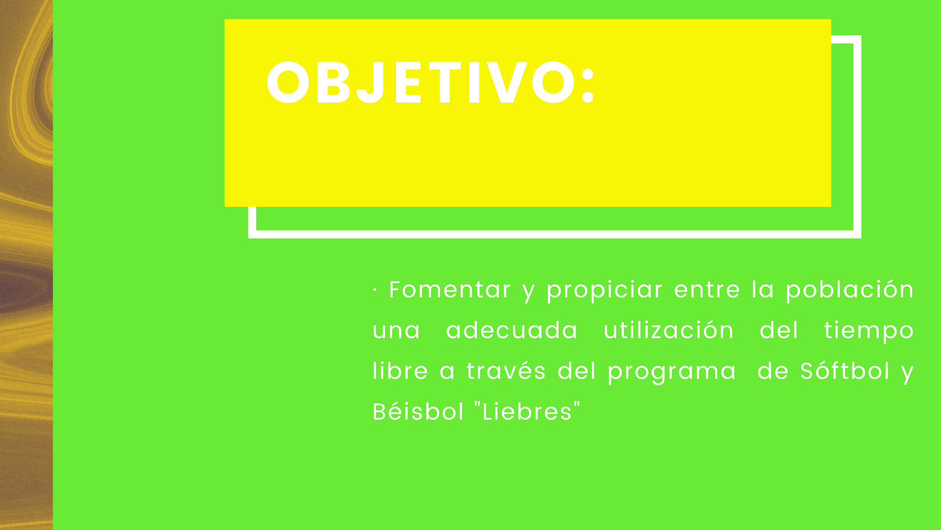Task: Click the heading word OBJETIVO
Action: click(x=422, y=82)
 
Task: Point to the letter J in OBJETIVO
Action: click(x=372, y=82)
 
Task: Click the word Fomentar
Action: click(x=450, y=290)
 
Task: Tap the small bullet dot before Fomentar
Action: click(x=375, y=290)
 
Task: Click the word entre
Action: click(x=707, y=290)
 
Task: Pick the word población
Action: click(x=850, y=290)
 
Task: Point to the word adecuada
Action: click(x=512, y=330)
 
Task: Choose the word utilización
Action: click(x=669, y=330)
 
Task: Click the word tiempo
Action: click(x=869, y=331)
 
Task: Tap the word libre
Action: click(x=400, y=371)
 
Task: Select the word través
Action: click(x=506, y=371)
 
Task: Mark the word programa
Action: click(x=672, y=372)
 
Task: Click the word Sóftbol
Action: click(x=845, y=371)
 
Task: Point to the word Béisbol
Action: click(x=418, y=412)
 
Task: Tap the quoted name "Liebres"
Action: click(x=527, y=411)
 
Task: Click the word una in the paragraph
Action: click(x=396, y=332)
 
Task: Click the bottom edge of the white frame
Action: click(x=555, y=234)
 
